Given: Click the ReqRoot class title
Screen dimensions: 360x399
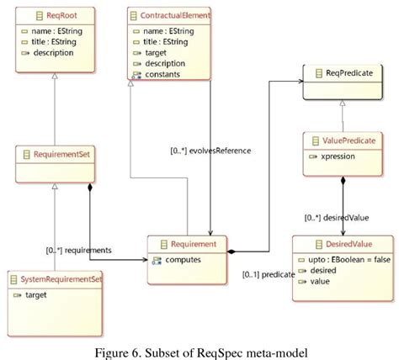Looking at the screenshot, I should pyautogui.click(x=48, y=15).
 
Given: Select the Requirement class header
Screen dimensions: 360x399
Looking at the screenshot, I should pyautogui.click(x=195, y=245).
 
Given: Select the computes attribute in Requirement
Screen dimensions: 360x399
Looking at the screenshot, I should pyautogui.click(x=184, y=260).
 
